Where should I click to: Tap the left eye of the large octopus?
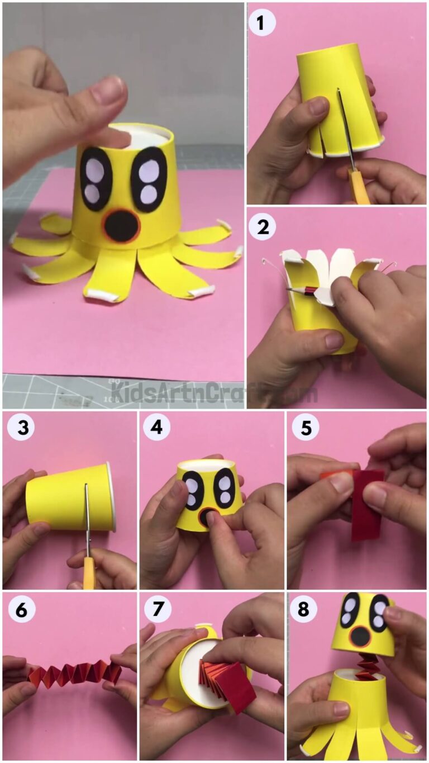(96, 179)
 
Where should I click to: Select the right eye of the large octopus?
(149, 179)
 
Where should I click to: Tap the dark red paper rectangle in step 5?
(367, 503)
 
